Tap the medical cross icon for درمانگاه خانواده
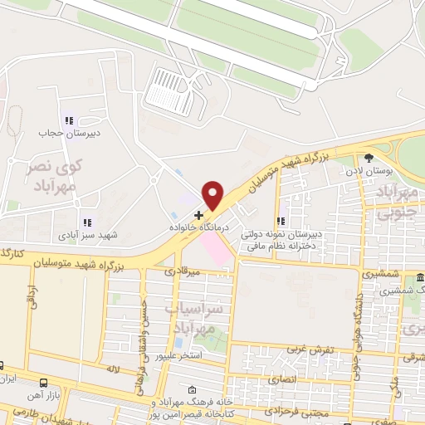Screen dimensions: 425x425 click(198, 214)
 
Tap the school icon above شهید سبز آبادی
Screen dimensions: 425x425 click(86, 222)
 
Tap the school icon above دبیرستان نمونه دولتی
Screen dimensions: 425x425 click(281, 222)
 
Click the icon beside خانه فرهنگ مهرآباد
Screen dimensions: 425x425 click(193, 389)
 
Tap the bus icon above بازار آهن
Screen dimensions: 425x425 click(43, 382)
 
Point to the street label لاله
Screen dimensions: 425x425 click(114, 367)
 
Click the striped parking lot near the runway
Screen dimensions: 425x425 click(170, 90)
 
